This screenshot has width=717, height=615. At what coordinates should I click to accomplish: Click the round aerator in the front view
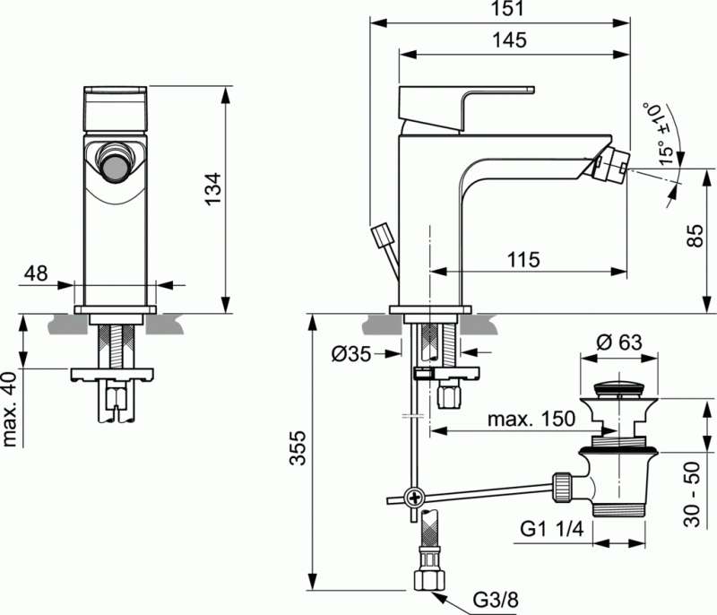114,161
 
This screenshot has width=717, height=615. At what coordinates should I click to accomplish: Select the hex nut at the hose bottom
427,579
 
